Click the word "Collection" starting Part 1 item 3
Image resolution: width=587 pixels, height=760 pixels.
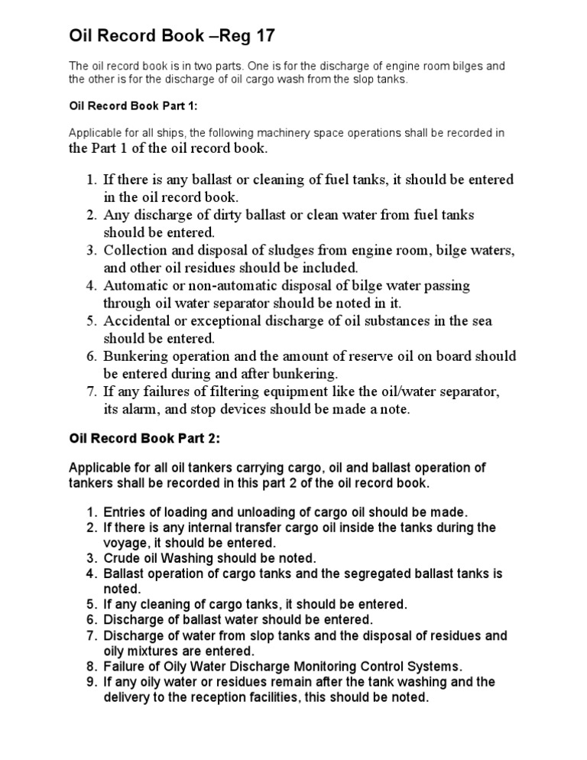point(135,250)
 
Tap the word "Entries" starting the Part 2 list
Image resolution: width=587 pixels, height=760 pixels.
point(124,512)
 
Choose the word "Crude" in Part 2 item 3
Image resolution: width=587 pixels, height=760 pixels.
point(121,557)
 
